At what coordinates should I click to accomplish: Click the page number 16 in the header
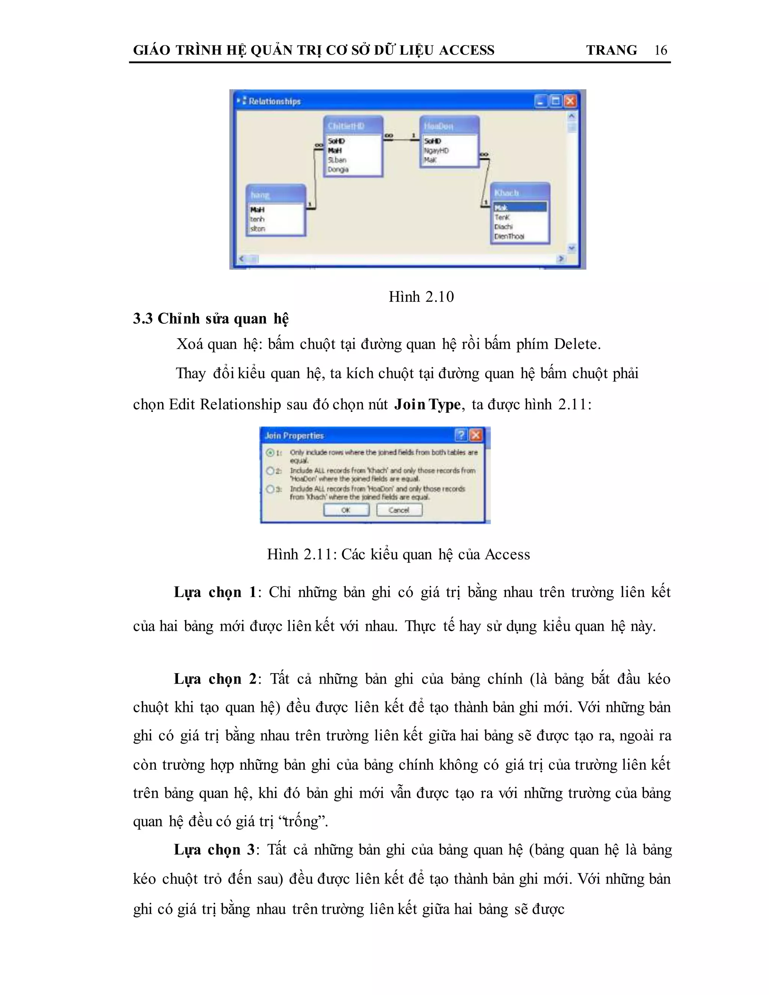tap(660, 50)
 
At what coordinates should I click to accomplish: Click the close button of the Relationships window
tap(570, 101)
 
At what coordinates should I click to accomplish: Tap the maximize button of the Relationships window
tap(555, 101)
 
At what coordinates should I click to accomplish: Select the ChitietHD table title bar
tap(353, 126)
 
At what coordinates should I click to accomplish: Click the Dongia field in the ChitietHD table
tap(338, 169)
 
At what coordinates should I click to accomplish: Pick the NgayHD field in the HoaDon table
tap(436, 150)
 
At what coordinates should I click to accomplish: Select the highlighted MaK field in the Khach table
tap(520, 208)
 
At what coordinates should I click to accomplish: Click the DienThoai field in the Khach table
tap(509, 237)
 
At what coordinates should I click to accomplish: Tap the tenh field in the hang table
tap(257, 219)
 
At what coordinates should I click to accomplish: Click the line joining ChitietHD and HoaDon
tap(401, 139)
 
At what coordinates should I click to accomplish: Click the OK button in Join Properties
tap(346, 510)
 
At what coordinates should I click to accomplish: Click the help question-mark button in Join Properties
tap(461, 435)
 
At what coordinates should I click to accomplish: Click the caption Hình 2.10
tap(421, 297)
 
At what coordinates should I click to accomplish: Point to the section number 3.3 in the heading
tap(143, 318)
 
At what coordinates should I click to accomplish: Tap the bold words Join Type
tap(427, 404)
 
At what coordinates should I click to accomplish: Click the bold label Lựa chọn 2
tap(215, 679)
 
